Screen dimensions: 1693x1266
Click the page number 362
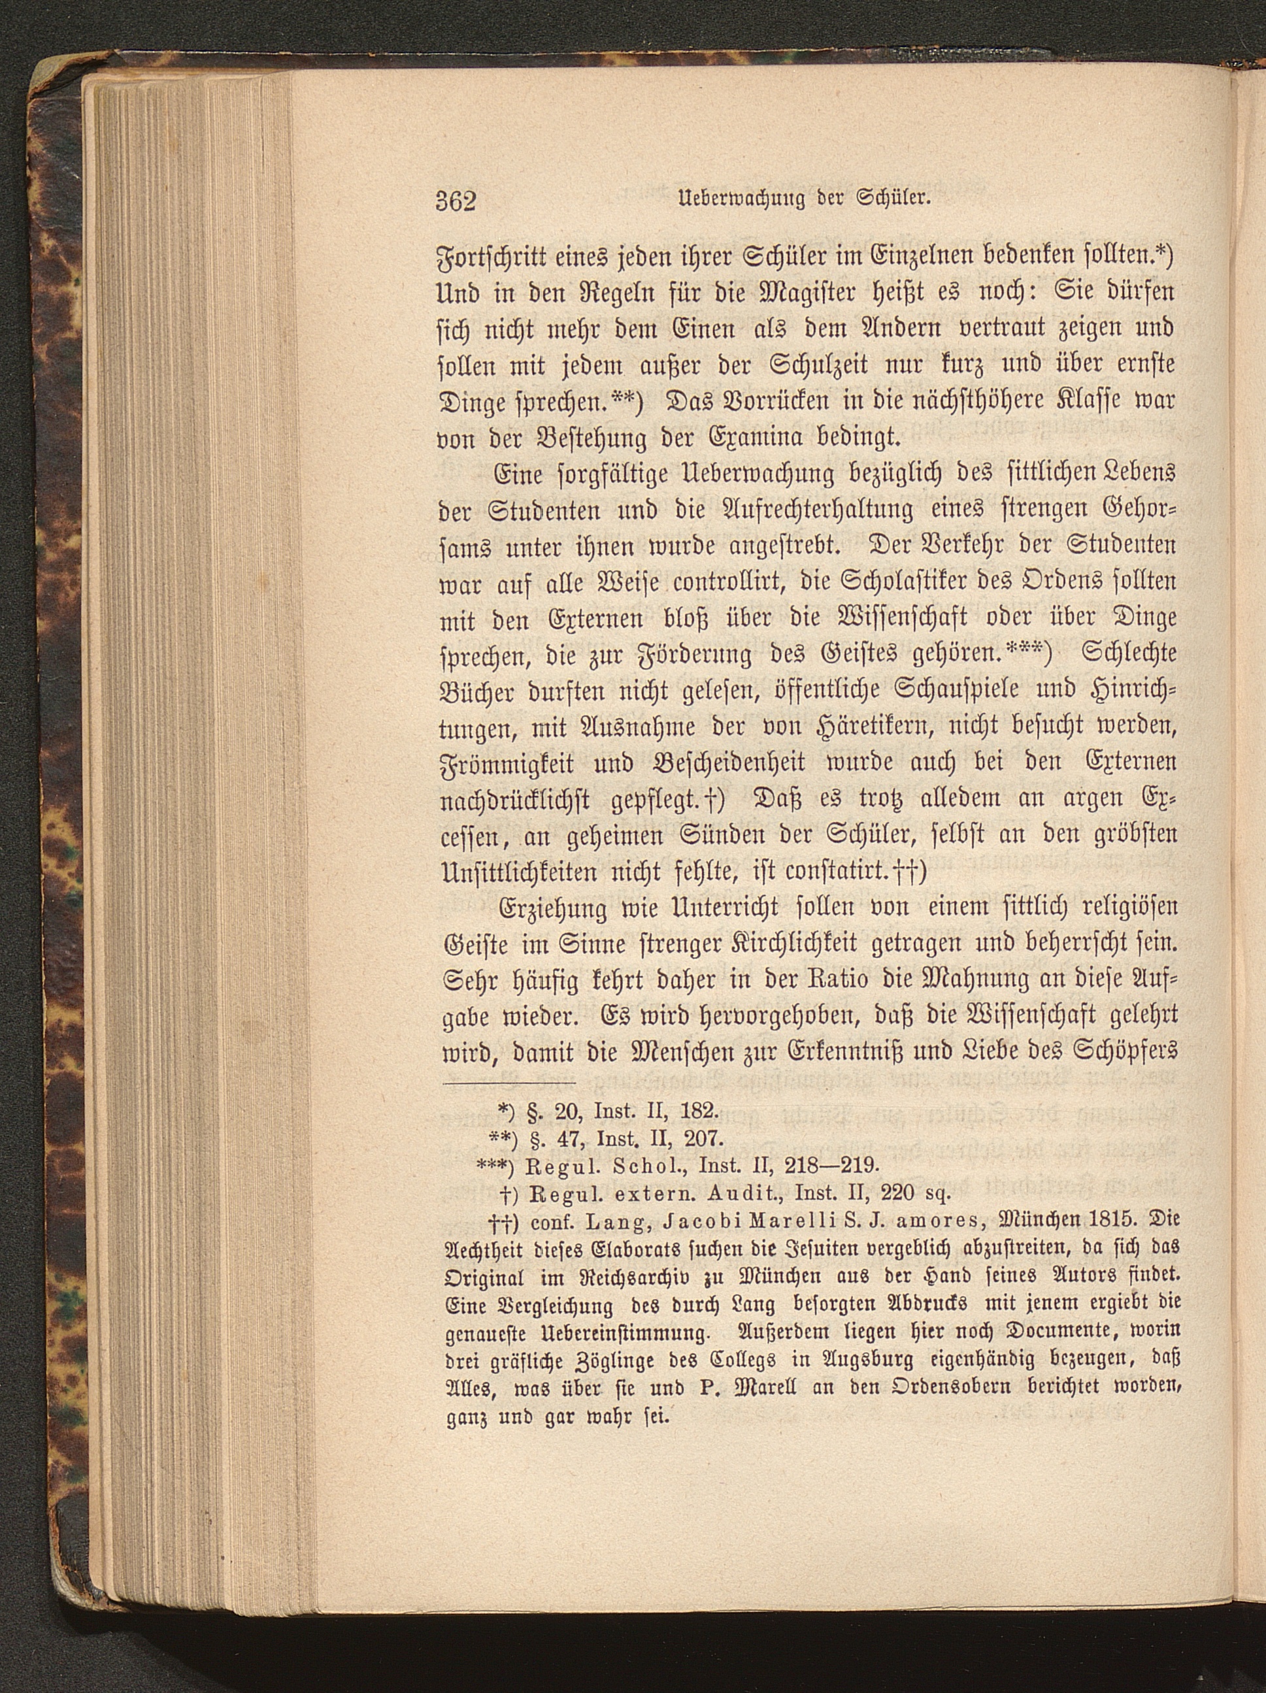click(x=456, y=201)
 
